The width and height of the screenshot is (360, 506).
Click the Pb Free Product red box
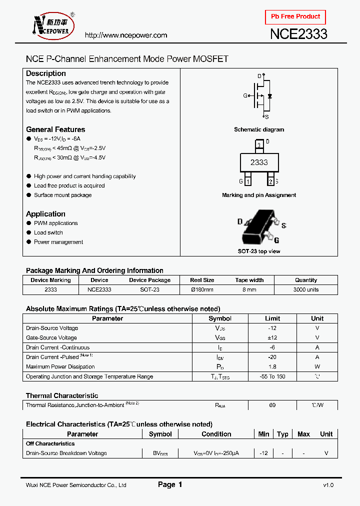pyautogui.click(x=295, y=16)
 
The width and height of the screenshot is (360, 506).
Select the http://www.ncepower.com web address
pyautogui.click(x=126, y=35)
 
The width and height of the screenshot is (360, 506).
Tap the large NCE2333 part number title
pyautogui.click(x=298, y=34)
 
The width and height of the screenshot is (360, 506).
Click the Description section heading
pyautogui.click(x=46, y=73)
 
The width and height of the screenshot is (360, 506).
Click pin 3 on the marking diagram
pyautogui.click(x=259, y=145)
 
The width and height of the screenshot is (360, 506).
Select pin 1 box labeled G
pyautogui.click(x=247, y=181)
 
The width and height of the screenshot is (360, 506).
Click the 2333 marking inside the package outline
pyautogui.click(x=259, y=162)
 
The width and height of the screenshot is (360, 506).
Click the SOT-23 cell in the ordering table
pyautogui.click(x=149, y=289)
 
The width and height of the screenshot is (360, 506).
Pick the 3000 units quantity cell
pyautogui.click(x=306, y=289)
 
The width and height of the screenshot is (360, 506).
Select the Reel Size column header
pyautogui.click(x=202, y=280)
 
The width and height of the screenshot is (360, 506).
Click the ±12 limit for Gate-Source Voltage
pyautogui.click(x=272, y=338)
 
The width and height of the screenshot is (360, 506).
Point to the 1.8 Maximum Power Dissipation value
pyautogui.click(x=272, y=367)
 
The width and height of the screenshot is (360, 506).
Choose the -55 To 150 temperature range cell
pyautogui.click(x=272, y=376)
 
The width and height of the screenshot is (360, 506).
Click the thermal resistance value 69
pyautogui.click(x=272, y=405)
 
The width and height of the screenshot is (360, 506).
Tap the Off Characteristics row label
pyautogui.click(x=50, y=443)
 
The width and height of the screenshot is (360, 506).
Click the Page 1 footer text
pyautogui.click(x=170, y=484)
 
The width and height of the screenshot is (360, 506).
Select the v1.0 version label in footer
pyautogui.click(x=328, y=485)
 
